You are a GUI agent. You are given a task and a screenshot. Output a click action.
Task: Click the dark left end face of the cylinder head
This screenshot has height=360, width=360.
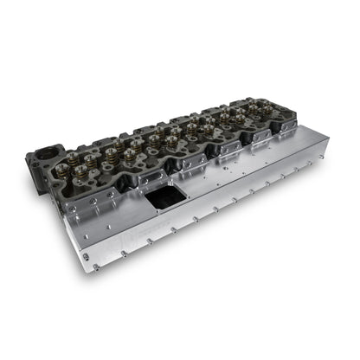pos(39,169)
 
